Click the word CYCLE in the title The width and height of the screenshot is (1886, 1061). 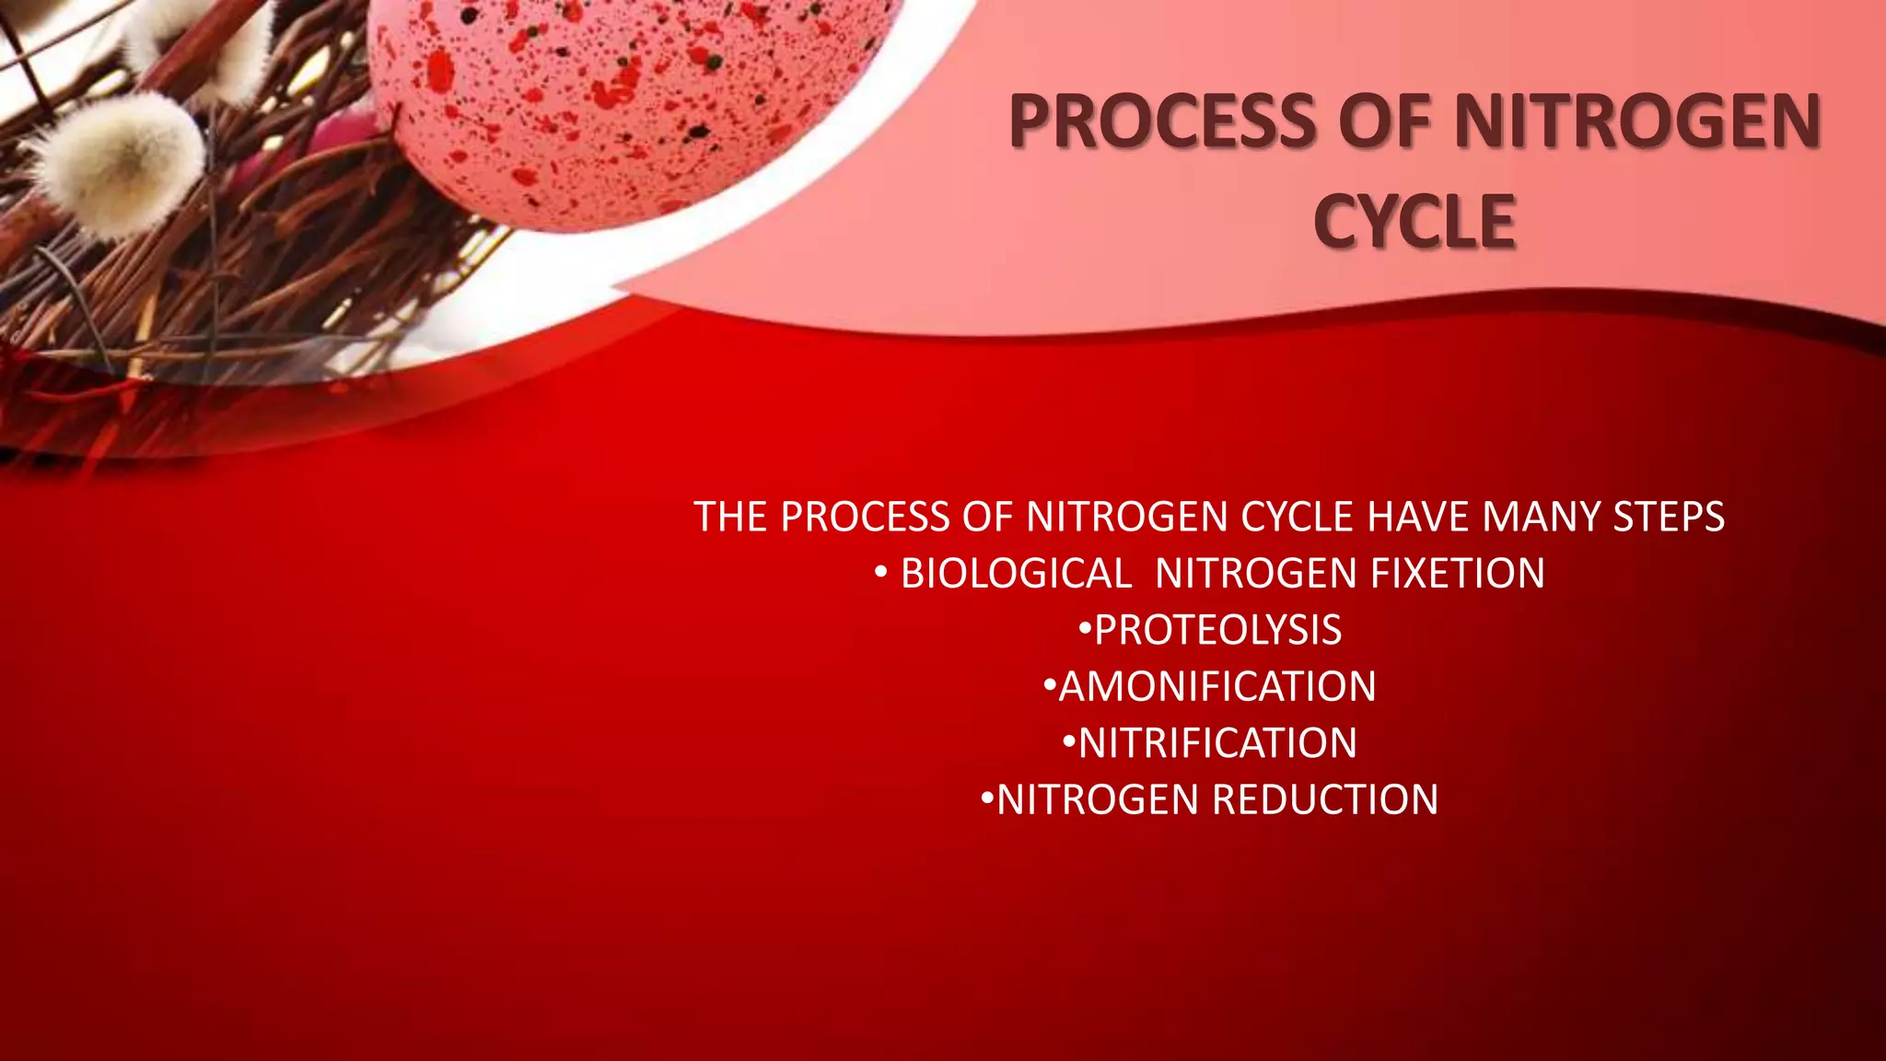[1414, 222]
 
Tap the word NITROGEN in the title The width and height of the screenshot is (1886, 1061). [1637, 122]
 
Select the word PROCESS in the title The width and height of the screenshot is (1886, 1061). [1163, 122]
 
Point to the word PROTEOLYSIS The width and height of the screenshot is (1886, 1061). [1217, 630]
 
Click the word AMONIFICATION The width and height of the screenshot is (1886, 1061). [1217, 687]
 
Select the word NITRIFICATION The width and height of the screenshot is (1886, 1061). [1217, 743]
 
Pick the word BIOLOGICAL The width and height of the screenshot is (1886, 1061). [1016, 574]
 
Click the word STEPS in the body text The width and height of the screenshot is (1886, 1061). [1669, 517]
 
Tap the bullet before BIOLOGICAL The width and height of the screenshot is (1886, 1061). [881, 573]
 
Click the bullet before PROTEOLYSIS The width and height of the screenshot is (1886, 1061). [1085, 630]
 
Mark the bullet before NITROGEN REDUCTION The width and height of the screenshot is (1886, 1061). [987, 799]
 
